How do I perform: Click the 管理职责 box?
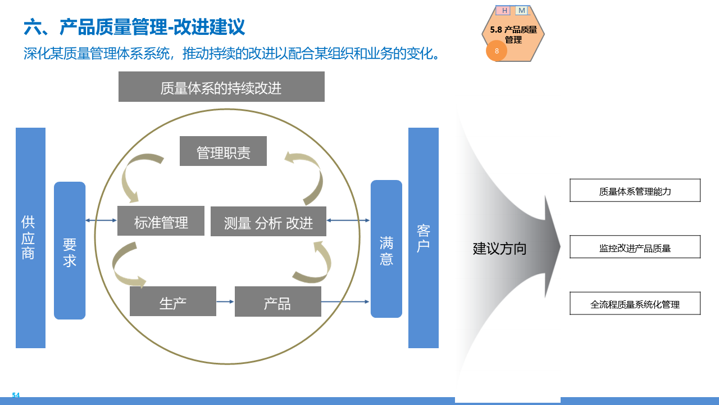[223, 151]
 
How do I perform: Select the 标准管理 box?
[161, 221]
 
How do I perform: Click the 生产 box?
[172, 301]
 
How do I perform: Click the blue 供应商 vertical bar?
[30, 237]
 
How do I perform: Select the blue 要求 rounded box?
[70, 250]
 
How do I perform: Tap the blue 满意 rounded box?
[386, 249]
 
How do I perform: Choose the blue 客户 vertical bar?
[424, 237]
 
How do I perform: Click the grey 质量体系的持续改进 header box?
[221, 87]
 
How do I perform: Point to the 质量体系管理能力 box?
[635, 190]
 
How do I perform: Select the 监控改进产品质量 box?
[635, 247]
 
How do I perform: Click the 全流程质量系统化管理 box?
[635, 303]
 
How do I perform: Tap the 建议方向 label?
[499, 248]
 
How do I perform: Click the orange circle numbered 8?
[497, 51]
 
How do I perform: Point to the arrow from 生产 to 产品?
[225, 301]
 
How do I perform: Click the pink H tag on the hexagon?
[504, 11]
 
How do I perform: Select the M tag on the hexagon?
[522, 11]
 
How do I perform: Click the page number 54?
[16, 395]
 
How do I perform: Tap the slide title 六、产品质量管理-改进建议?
[134, 26]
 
